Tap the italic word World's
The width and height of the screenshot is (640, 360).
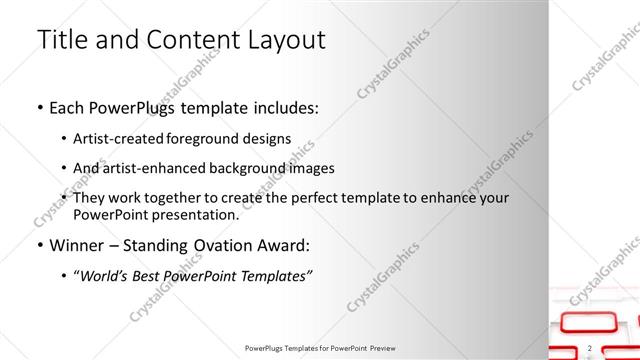[107, 276]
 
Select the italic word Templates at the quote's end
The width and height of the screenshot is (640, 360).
[271, 276]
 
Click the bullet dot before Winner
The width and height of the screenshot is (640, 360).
[39, 245]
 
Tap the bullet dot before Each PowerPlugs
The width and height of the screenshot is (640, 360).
[39, 107]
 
